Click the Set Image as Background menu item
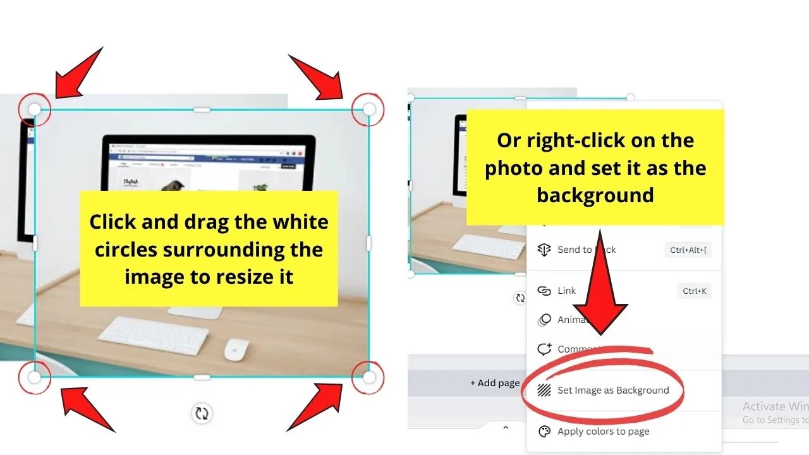(612, 391)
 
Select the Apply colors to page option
(603, 432)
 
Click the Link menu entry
(566, 291)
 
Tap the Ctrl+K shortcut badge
(694, 291)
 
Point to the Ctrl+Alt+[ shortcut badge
(689, 250)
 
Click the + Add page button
(495, 383)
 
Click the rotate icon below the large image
(202, 414)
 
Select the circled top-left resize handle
(35, 110)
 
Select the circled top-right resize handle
(369, 109)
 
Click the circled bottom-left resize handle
(35, 378)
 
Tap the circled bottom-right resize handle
(369, 378)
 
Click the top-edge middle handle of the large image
(202, 109)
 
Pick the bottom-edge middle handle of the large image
(202, 378)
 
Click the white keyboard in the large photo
(154, 335)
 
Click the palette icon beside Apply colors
(544, 432)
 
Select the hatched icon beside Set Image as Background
(544, 391)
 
